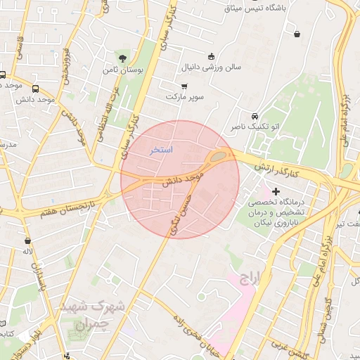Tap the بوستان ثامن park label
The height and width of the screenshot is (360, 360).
[124, 71]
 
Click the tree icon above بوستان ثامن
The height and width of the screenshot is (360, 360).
[124, 58]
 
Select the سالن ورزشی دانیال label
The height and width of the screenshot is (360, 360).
[212, 69]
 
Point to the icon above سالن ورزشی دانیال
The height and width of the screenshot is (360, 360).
[211, 56]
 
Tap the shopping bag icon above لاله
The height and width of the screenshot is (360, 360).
[28, 240]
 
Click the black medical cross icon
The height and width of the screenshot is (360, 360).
[276, 191]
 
